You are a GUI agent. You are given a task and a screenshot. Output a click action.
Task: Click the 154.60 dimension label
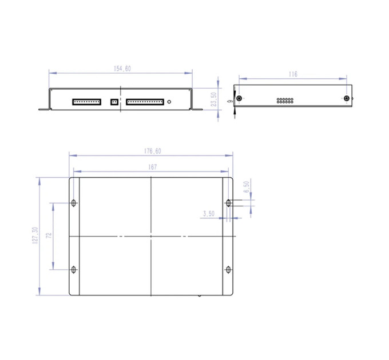122,69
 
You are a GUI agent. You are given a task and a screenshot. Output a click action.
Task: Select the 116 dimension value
293,74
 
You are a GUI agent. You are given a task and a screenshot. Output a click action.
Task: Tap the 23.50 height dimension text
213,99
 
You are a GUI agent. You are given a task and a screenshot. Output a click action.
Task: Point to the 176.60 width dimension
153,151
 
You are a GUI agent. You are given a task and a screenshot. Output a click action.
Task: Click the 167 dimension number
153,167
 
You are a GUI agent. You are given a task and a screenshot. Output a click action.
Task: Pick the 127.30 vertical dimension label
35,235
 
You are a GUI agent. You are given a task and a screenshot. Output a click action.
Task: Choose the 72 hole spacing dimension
49,235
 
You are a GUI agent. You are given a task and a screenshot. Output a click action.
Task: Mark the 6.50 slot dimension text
247,187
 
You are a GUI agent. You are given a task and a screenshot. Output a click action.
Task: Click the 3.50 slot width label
209,214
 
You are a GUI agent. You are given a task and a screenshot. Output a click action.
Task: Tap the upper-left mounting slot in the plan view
73,203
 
